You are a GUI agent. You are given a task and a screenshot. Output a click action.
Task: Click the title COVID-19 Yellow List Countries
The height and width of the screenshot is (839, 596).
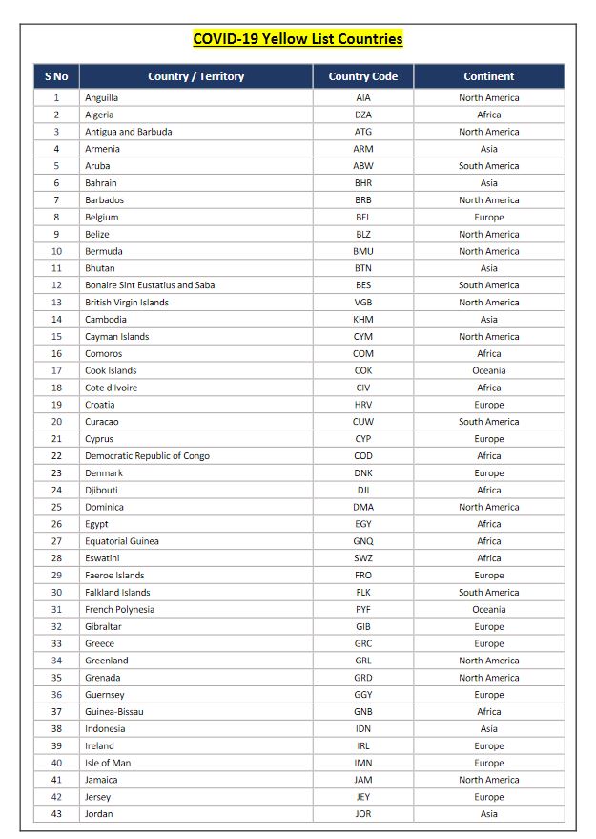click(298, 39)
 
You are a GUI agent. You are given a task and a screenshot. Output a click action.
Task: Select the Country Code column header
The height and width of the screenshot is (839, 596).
click(363, 76)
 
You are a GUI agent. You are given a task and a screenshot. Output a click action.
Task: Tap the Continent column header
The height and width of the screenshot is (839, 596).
click(488, 76)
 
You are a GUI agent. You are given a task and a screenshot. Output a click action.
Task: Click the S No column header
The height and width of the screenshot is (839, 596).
click(56, 76)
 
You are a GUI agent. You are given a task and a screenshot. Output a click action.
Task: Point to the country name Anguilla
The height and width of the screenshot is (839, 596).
click(101, 97)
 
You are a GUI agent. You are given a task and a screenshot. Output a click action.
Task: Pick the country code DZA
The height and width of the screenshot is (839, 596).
click(363, 115)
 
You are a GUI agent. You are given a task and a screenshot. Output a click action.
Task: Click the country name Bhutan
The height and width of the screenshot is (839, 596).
click(99, 268)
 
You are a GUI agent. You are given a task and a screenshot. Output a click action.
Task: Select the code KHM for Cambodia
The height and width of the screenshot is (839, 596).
click(363, 320)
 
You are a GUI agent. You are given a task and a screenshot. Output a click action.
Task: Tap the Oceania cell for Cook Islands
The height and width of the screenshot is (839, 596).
click(488, 370)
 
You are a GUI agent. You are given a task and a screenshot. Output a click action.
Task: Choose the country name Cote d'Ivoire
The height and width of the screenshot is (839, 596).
click(111, 388)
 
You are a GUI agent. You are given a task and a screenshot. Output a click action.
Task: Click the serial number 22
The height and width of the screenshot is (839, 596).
click(56, 456)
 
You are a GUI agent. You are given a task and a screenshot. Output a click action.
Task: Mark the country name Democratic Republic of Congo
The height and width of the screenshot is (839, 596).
click(147, 456)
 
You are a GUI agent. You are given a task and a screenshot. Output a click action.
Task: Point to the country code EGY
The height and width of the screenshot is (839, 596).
click(363, 524)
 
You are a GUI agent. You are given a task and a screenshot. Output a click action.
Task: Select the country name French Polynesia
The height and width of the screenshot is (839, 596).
click(119, 609)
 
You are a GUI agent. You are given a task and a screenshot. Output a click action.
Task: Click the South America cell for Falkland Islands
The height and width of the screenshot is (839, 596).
click(488, 593)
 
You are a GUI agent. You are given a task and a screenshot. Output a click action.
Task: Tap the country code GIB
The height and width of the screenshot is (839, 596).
click(363, 626)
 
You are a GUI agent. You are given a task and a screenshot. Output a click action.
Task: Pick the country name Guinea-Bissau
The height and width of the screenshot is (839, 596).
click(113, 712)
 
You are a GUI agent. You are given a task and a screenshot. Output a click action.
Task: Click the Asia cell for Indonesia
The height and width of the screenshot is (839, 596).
click(488, 729)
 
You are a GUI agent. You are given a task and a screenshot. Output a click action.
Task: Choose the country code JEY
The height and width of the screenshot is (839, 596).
click(363, 797)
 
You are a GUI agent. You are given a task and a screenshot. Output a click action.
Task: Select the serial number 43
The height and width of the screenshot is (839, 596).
click(56, 814)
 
